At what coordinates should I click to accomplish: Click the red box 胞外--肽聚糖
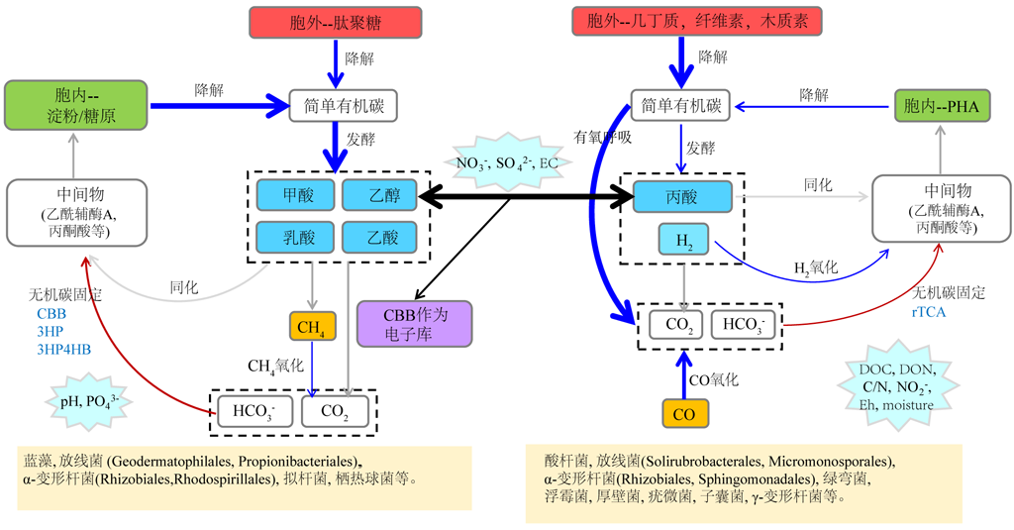pyautogui.click(x=337, y=22)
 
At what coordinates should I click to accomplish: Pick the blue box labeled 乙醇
pyautogui.click(x=378, y=195)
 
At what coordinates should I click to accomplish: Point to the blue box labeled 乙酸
pyautogui.click(x=378, y=237)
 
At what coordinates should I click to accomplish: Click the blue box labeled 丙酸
pyautogui.click(x=682, y=196)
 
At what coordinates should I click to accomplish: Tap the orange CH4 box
pyautogui.click(x=313, y=325)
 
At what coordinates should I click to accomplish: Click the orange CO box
pyautogui.click(x=683, y=415)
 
